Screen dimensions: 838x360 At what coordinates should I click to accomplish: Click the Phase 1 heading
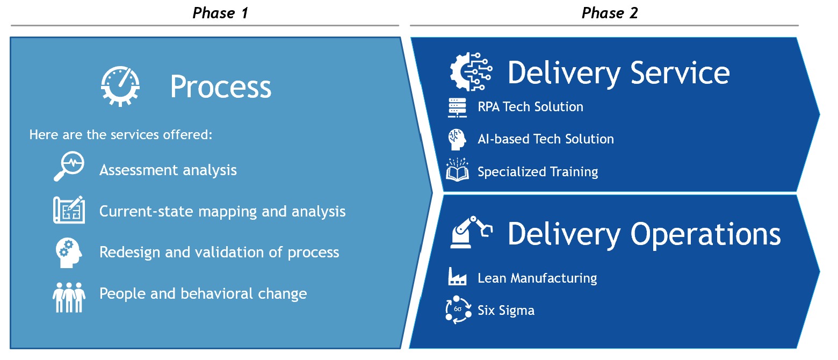220,13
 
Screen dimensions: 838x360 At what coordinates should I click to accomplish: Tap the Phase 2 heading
610,13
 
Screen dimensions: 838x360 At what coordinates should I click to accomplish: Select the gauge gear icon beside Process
120,87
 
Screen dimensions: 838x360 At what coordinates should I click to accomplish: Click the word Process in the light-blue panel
221,87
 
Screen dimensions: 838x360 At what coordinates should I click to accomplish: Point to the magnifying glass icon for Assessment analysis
69,166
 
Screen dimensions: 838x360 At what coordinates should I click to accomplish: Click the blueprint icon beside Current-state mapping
69,210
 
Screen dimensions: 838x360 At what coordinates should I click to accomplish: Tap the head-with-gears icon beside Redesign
69,253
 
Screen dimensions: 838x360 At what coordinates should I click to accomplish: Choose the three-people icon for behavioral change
69,297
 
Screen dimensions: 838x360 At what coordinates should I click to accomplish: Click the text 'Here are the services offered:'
120,135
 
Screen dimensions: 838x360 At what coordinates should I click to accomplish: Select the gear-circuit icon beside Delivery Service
471,72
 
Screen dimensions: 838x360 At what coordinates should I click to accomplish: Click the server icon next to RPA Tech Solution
457,108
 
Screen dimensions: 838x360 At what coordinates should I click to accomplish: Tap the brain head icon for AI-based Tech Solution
457,140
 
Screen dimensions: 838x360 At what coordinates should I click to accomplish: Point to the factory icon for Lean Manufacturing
457,277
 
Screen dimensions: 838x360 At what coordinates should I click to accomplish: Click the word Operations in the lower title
705,234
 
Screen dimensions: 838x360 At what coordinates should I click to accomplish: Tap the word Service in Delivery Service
680,73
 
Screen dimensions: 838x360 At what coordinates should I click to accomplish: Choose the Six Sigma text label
506,311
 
